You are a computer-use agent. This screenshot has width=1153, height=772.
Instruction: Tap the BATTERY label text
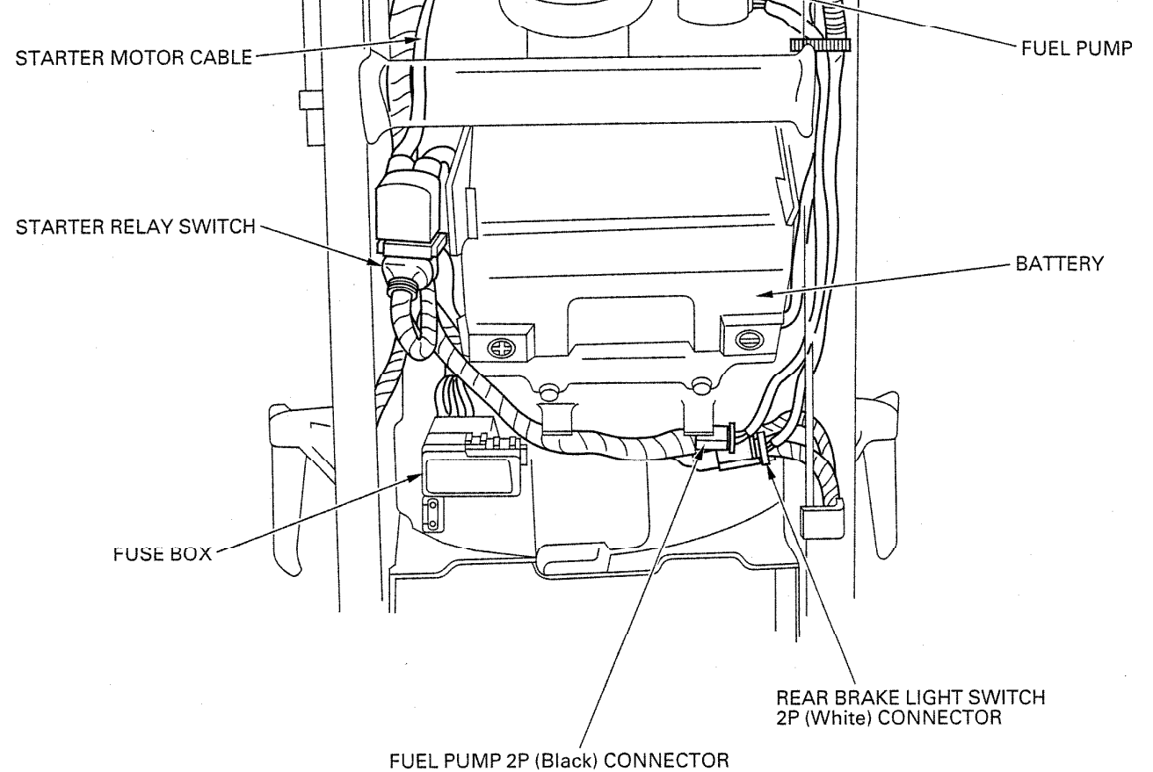(x=1057, y=266)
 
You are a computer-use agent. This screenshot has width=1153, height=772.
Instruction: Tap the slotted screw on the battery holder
(x=747, y=336)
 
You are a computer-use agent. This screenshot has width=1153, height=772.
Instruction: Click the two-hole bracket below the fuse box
(x=431, y=516)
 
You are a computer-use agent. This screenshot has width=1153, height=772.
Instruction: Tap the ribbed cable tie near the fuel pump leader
(x=810, y=45)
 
